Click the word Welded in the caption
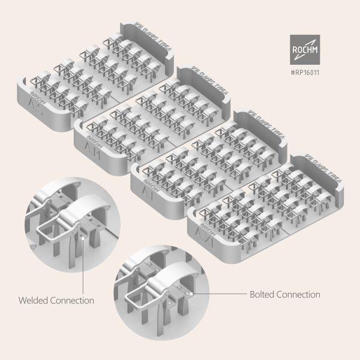[33, 300]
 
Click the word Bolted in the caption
[262, 295]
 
